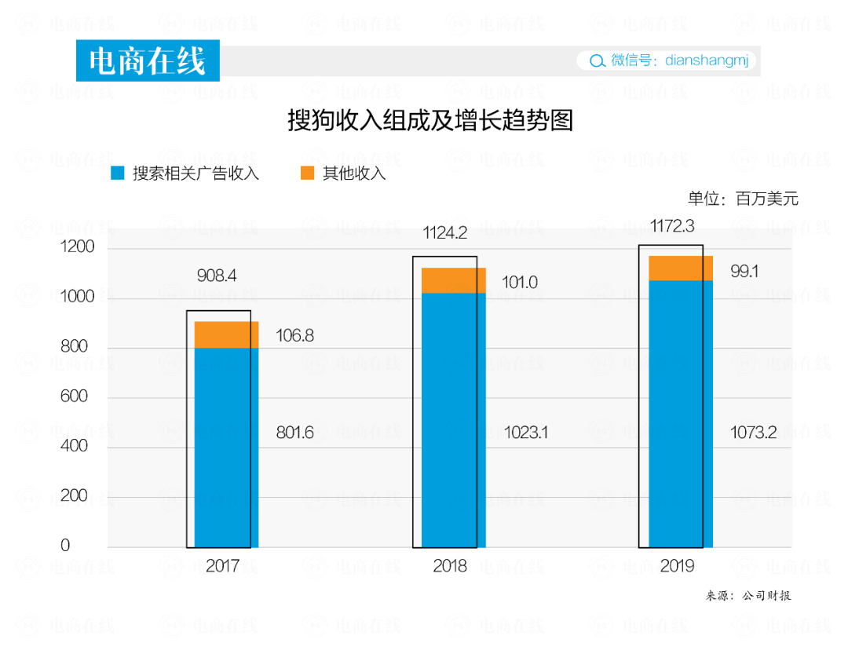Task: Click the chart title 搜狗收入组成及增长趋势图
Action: [430, 121]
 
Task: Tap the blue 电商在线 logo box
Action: [148, 61]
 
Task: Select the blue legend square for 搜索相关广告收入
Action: [119, 174]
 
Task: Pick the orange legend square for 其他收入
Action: [308, 174]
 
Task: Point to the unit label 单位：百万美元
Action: [743, 199]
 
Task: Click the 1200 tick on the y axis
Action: [77, 248]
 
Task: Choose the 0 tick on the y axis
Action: [66, 546]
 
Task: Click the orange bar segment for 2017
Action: [226, 334]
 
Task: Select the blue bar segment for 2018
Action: [454, 420]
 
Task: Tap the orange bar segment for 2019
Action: [681, 269]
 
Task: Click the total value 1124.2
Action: [445, 233]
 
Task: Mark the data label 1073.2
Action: [753, 433]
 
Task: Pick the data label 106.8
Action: [294, 336]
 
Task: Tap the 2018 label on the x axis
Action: [450, 565]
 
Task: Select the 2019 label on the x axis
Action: [677, 565]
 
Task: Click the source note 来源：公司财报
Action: [749, 595]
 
